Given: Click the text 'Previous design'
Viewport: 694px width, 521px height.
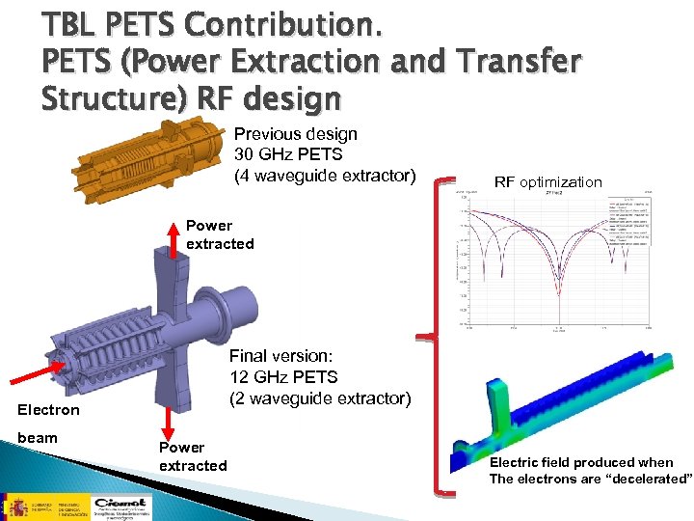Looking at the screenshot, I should pos(296,134).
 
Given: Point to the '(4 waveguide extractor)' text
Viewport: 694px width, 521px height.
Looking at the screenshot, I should pos(326,175).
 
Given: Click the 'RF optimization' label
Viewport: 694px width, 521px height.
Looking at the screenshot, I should pos(547,182).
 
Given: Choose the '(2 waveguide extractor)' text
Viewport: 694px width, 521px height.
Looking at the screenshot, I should pos(319,398).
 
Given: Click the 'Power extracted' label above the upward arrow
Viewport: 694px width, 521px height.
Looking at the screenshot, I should pos(220,234).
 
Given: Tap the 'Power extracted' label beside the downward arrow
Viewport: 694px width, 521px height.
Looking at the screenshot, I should pos(193,456).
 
